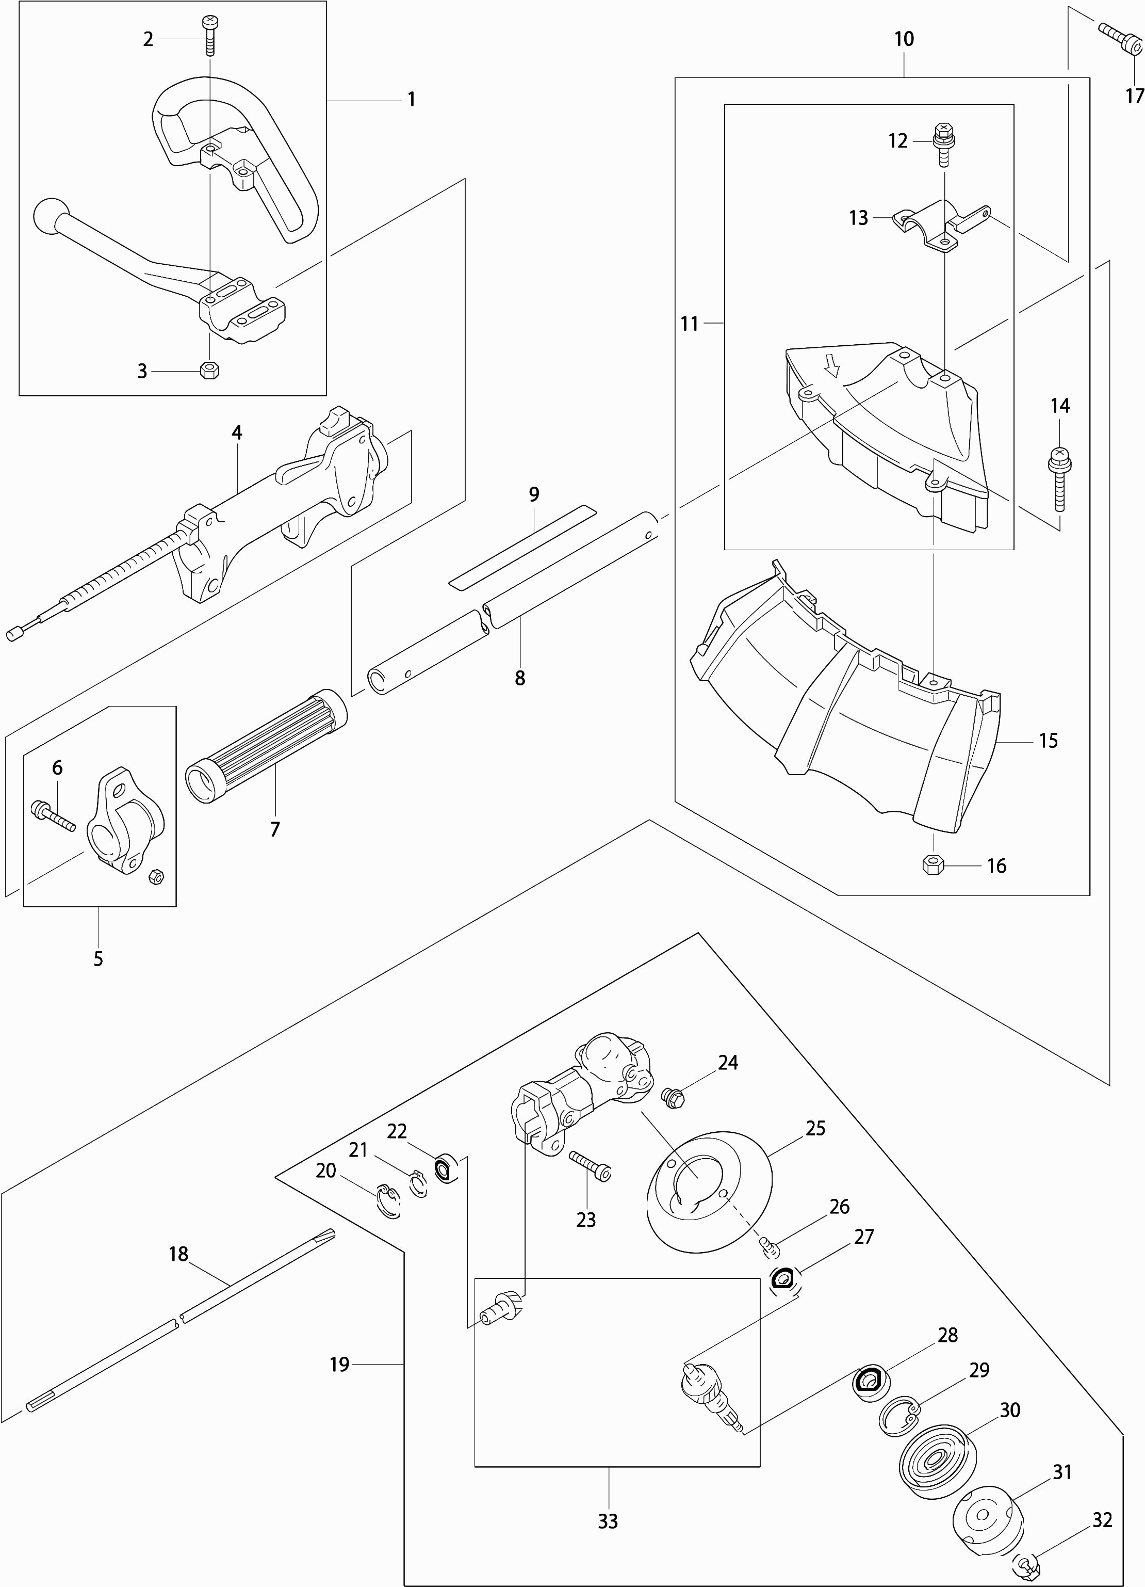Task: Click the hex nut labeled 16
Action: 933,865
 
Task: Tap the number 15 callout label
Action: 1048,740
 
